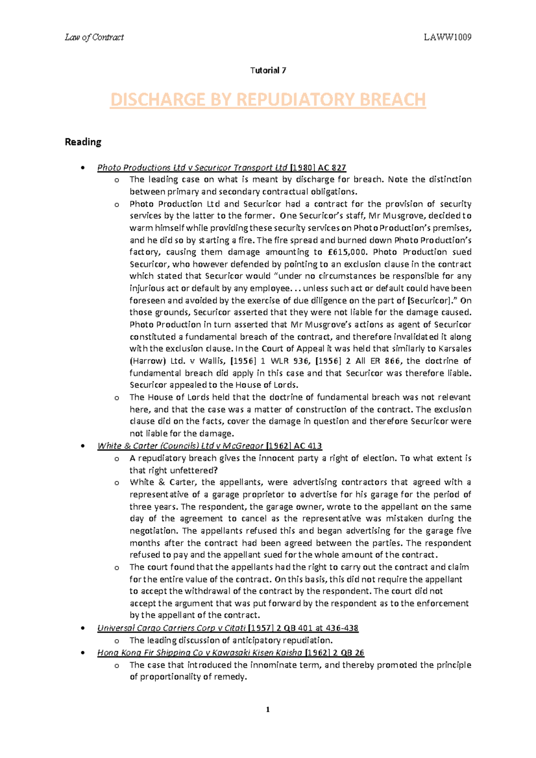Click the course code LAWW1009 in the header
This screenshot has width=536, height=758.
(x=448, y=37)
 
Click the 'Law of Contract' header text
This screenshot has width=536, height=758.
(x=94, y=37)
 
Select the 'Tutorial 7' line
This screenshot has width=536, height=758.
(x=268, y=71)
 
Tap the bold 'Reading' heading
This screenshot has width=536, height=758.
(x=83, y=142)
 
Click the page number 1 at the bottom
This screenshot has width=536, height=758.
(x=268, y=710)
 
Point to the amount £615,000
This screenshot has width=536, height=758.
(x=343, y=252)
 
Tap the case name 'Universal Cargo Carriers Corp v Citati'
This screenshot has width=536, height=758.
(x=172, y=628)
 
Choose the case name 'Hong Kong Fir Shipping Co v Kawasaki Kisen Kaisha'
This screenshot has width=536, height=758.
(x=200, y=653)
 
